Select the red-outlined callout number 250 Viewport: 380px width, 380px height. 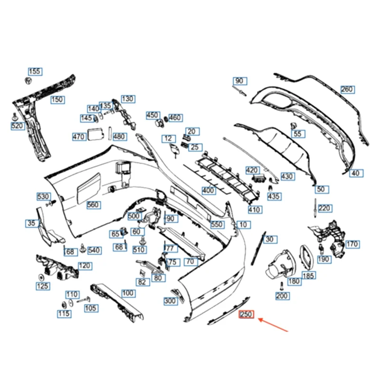coord(247,314)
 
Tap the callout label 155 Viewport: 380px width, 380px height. coord(35,72)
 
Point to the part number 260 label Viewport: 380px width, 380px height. coord(347,89)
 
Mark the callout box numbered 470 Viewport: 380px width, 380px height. coord(78,137)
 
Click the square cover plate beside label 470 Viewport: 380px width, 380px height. coord(94,134)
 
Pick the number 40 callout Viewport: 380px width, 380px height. coord(356,173)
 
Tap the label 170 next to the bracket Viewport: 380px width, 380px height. coord(351,245)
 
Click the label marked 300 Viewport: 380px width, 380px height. coord(170,301)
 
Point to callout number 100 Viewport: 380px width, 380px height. coord(128,293)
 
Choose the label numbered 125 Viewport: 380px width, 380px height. coord(42,286)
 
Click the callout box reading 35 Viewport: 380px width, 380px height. coord(31,223)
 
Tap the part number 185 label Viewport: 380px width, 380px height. coord(308,275)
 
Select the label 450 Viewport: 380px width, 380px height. coord(152,115)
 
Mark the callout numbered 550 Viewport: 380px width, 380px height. coord(217,224)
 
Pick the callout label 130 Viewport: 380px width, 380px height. coord(127,99)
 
